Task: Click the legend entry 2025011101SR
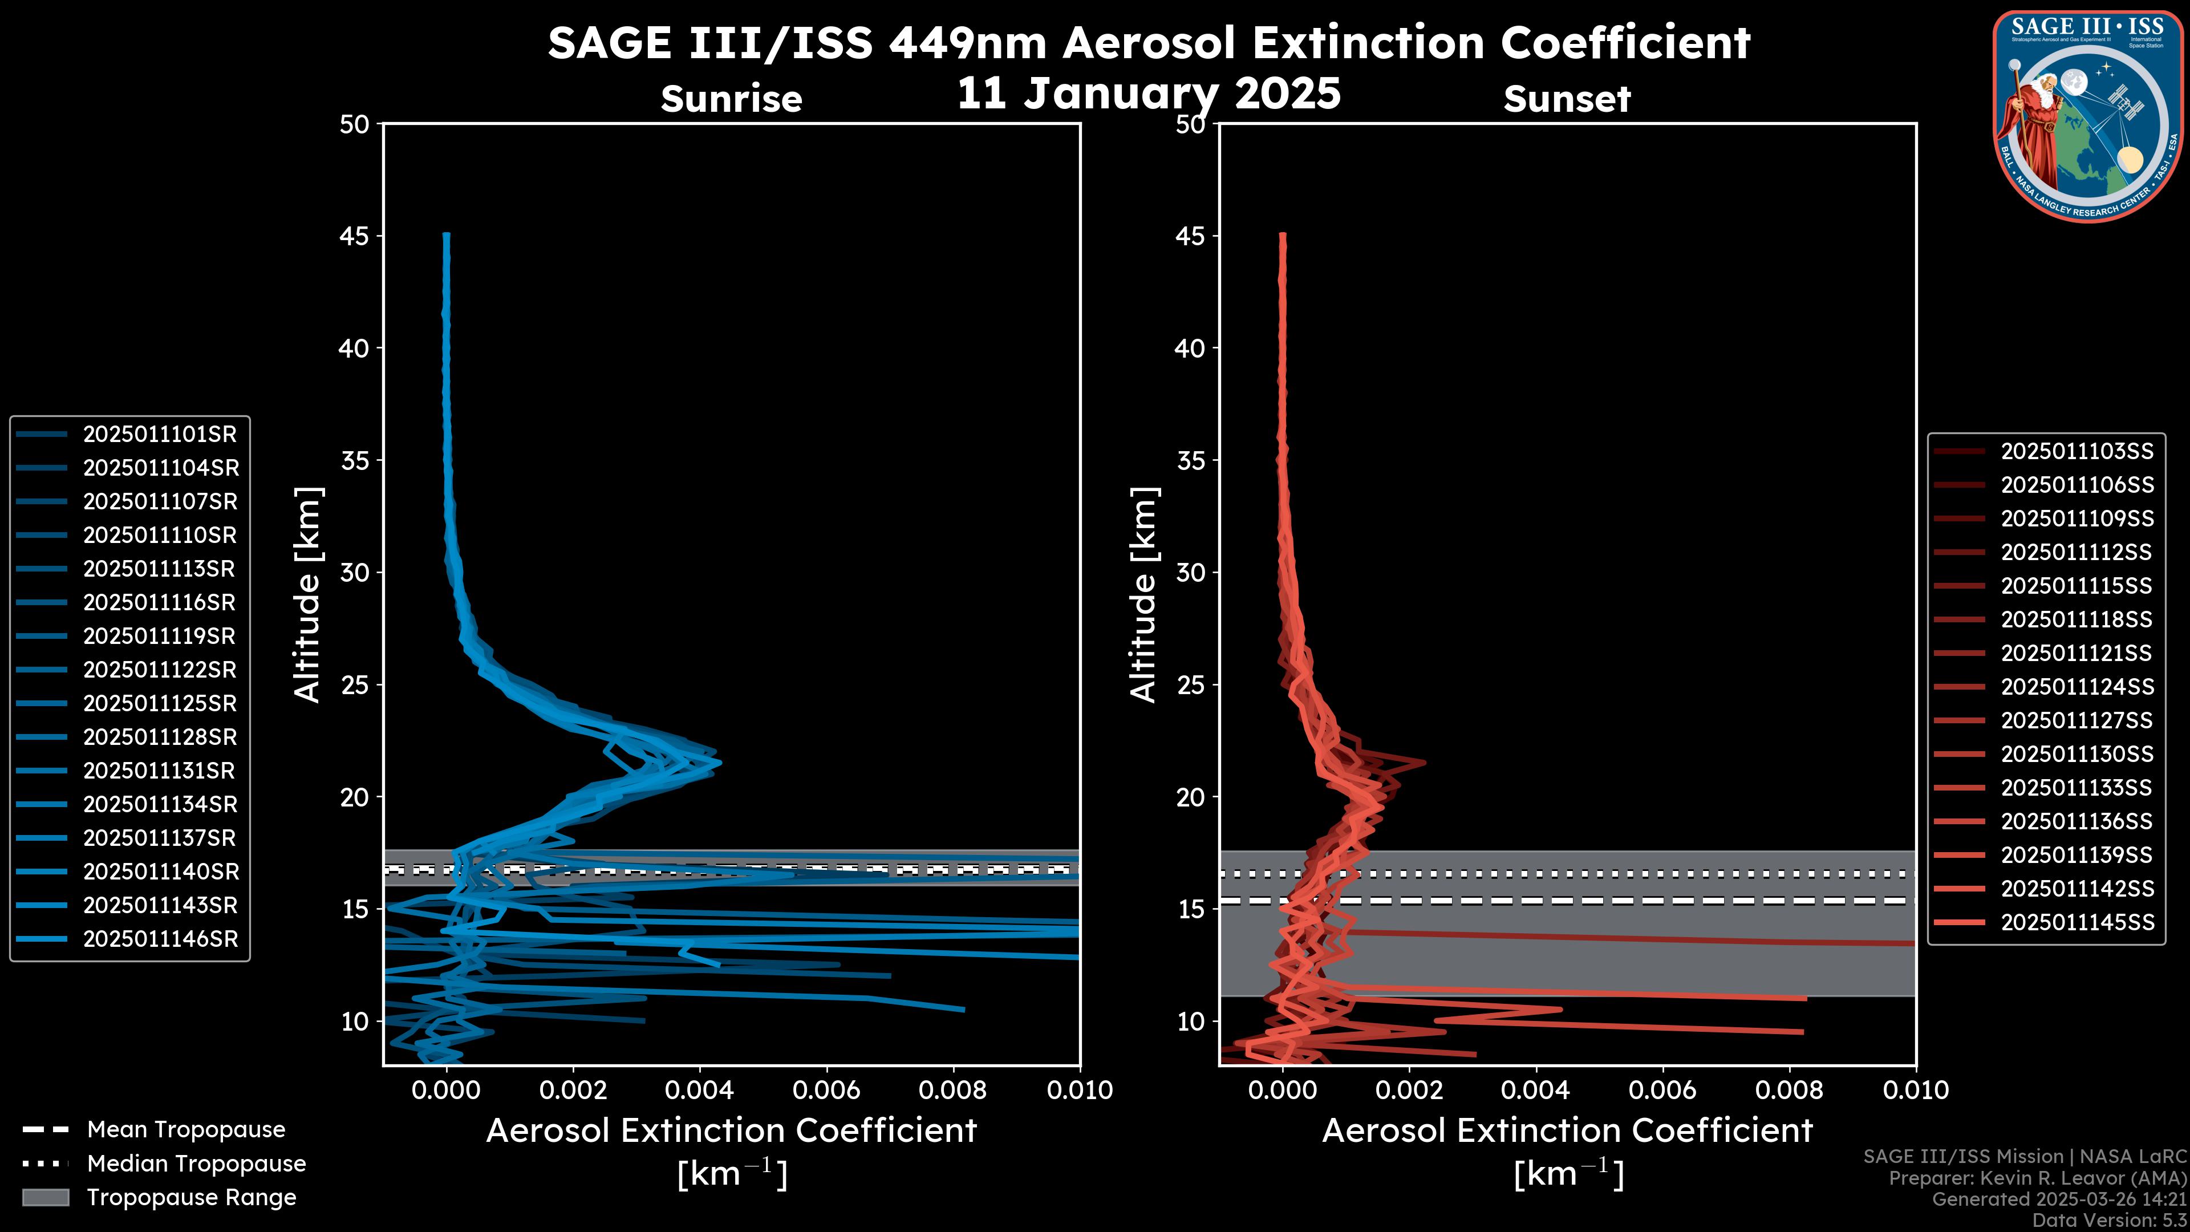pyautogui.click(x=159, y=435)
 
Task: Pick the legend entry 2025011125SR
pyautogui.click(x=160, y=704)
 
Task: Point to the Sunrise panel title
pyautogui.click(x=731, y=99)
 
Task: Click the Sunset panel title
pyautogui.click(x=1567, y=99)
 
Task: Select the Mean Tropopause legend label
pyautogui.click(x=186, y=1130)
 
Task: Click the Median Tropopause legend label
pyautogui.click(x=196, y=1164)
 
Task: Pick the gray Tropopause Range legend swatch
pyautogui.click(x=46, y=1198)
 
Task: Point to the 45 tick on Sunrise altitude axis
pyautogui.click(x=355, y=236)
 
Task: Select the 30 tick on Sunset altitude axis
pyautogui.click(x=1190, y=573)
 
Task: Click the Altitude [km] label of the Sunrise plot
pyautogui.click(x=307, y=595)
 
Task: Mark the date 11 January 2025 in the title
pyautogui.click(x=1149, y=94)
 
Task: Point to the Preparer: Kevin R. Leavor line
pyautogui.click(x=2037, y=1178)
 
